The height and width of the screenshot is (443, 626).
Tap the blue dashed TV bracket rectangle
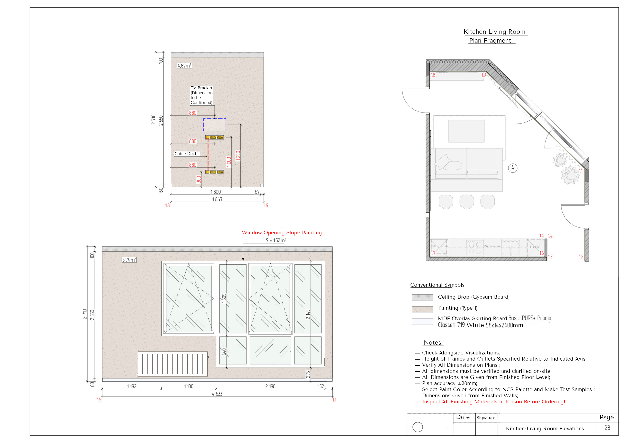(214, 125)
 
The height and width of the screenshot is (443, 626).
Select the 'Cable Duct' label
(185, 154)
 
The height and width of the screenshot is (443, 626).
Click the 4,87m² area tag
(184, 66)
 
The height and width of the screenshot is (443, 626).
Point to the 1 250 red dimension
(238, 156)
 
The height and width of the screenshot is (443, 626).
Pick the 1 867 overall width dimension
(217, 199)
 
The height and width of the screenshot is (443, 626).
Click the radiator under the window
(173, 364)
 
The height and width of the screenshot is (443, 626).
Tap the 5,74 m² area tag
(129, 260)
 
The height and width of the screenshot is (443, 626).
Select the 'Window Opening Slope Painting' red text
(282, 233)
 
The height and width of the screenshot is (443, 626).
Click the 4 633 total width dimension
(217, 394)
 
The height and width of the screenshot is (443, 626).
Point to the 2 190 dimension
(270, 386)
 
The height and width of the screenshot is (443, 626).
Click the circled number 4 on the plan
(513, 168)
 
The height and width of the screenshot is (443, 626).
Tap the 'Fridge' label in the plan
(534, 247)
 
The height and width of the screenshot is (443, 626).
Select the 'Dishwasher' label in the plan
(492, 246)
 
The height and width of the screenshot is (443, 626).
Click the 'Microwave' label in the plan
(439, 246)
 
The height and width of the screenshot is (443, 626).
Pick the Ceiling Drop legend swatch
(422, 297)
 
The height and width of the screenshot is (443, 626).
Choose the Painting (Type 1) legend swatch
(422, 309)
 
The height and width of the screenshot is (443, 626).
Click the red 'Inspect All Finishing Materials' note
(493, 402)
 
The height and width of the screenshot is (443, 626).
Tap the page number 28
(607, 428)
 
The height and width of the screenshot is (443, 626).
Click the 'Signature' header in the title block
(486, 418)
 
